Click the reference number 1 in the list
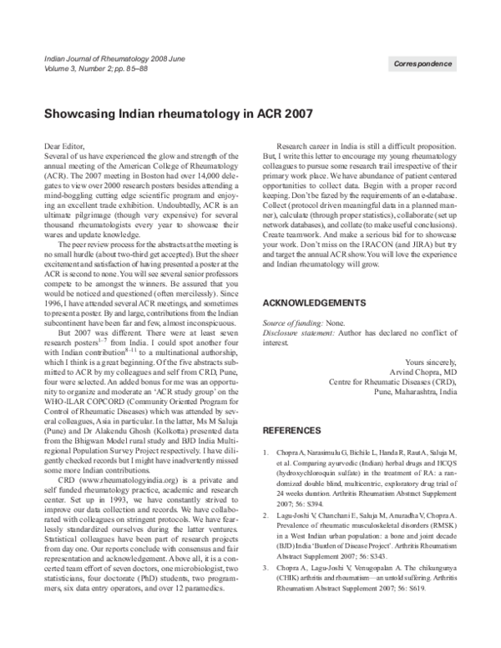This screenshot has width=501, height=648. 266,453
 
